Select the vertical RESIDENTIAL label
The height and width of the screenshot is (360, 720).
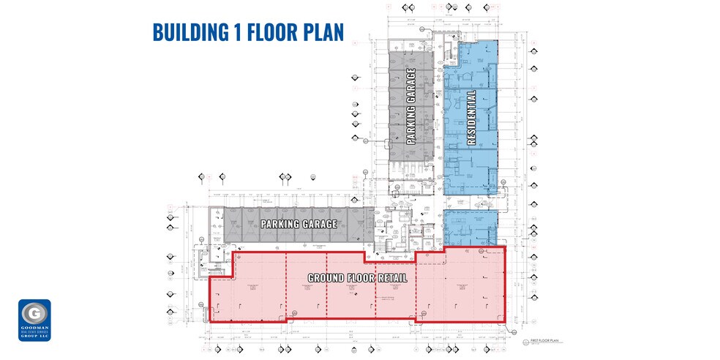[471, 118]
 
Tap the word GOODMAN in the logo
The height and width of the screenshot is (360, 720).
[34, 329]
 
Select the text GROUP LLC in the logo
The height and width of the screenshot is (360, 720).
[34, 337]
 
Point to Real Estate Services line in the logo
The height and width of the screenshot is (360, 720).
[34, 333]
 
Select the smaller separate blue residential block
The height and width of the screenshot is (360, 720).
[470, 226]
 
